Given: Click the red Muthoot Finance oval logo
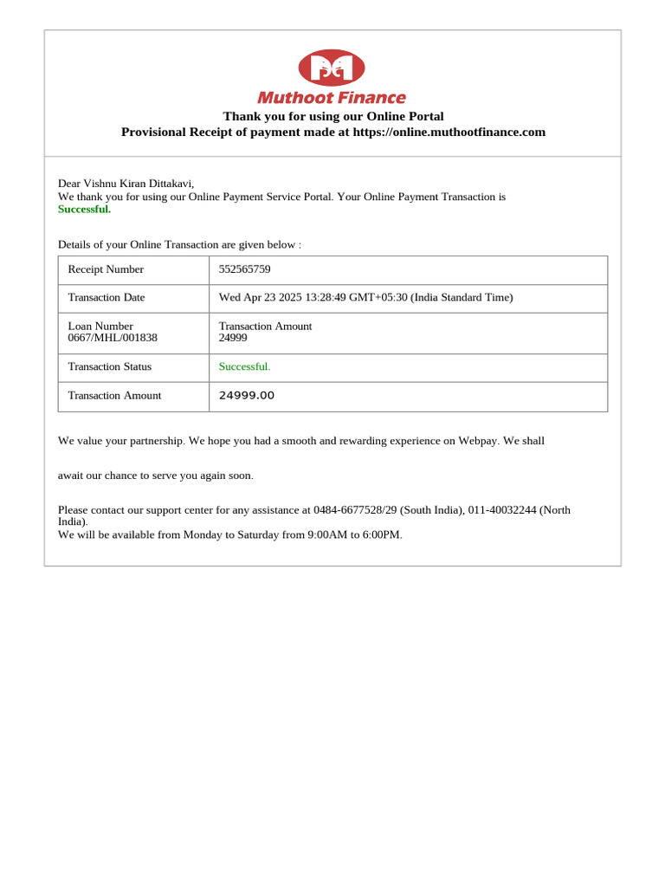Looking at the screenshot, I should (332, 68).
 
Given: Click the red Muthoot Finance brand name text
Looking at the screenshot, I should (332, 98).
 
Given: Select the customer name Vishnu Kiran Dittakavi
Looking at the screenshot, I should (139, 184).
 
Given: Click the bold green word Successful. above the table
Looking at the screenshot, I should (84, 209).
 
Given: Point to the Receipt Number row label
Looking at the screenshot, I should (106, 269).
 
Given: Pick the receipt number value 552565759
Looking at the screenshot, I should (245, 269).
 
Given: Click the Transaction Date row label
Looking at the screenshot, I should (107, 297).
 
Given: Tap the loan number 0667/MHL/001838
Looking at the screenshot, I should (113, 338).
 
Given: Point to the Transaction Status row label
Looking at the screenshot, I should (110, 366).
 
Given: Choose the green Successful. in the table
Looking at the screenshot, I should (245, 366).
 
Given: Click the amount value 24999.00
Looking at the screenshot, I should (247, 396).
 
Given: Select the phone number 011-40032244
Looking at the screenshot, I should (502, 510).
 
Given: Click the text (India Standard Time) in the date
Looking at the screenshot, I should (462, 297).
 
